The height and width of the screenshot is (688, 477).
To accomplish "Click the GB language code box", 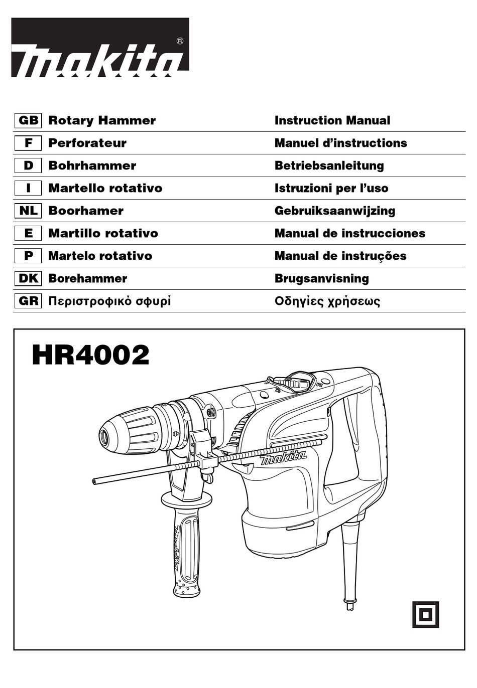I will pyautogui.click(x=28, y=120).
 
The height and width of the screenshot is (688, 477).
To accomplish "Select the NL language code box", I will pyautogui.click(x=28, y=211).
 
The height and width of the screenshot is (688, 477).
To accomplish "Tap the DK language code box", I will pyautogui.click(x=28, y=278).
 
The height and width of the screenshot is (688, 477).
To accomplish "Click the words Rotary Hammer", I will pyautogui.click(x=102, y=120).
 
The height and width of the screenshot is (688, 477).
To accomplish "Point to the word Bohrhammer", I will pyautogui.click(x=92, y=165).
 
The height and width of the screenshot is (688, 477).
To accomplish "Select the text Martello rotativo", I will pyautogui.click(x=105, y=188).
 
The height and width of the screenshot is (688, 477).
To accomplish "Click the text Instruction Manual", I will pyautogui.click(x=332, y=120).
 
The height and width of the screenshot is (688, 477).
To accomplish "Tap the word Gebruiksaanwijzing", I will pyautogui.click(x=334, y=211).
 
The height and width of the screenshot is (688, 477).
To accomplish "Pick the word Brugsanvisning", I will pyautogui.click(x=321, y=278).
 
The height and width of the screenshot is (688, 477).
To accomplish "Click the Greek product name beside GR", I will pyautogui.click(x=109, y=301).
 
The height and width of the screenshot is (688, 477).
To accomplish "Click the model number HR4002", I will pyautogui.click(x=90, y=355).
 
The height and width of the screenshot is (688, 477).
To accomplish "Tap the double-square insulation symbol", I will pyautogui.click(x=425, y=614).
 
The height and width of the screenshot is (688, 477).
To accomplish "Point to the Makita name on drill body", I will pyautogui.click(x=283, y=457).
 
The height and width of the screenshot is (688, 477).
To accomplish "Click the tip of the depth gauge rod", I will pyautogui.click(x=94, y=481).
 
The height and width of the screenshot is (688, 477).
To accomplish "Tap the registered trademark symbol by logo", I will pyautogui.click(x=180, y=42).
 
